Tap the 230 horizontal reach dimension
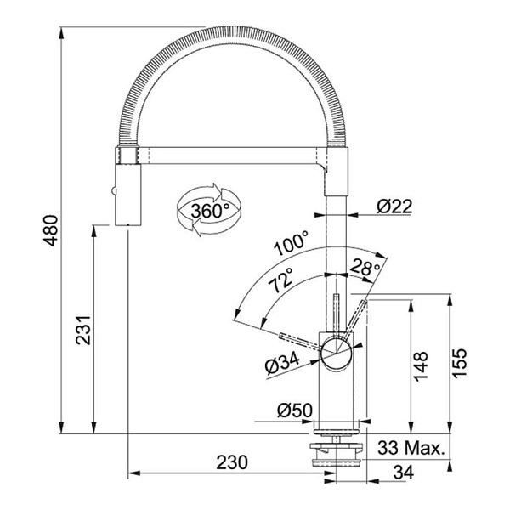click(x=230, y=462)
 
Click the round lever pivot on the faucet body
click(x=333, y=346)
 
